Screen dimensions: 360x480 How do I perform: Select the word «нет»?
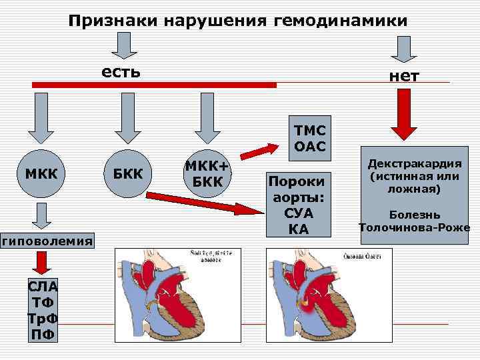[405, 75]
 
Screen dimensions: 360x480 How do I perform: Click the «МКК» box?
[41, 174]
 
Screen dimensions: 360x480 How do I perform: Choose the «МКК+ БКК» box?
[207, 173]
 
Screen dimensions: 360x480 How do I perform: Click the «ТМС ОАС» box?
[308, 138]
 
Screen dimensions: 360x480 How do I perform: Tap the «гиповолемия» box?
[47, 241]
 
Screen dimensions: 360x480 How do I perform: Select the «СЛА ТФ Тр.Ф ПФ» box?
[42, 310]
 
